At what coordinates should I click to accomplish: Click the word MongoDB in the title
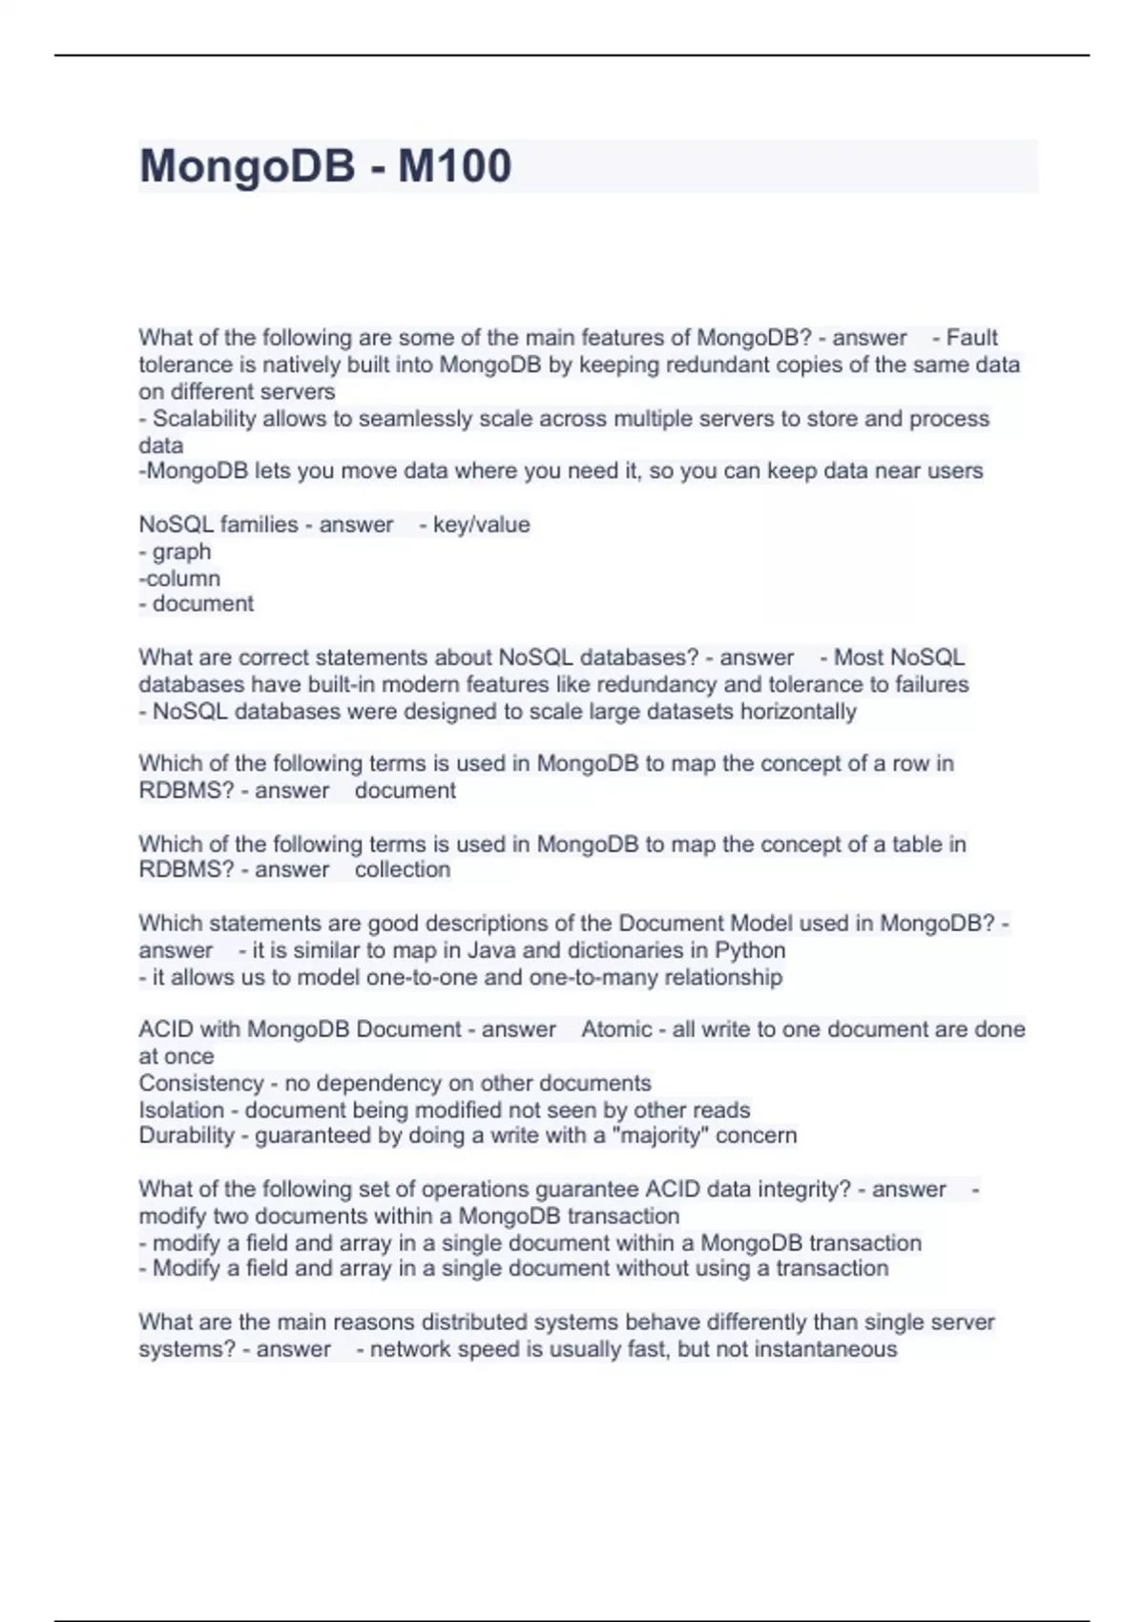(247, 166)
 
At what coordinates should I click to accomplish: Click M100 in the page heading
(454, 166)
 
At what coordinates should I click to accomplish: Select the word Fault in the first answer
(971, 338)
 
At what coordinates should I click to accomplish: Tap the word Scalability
(204, 419)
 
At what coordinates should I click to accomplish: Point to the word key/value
(481, 525)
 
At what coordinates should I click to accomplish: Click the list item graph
(181, 551)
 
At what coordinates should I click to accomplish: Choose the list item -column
(179, 578)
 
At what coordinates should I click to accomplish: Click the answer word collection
(402, 870)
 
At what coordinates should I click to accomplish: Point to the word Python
(750, 950)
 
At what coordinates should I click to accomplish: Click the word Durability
(186, 1135)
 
